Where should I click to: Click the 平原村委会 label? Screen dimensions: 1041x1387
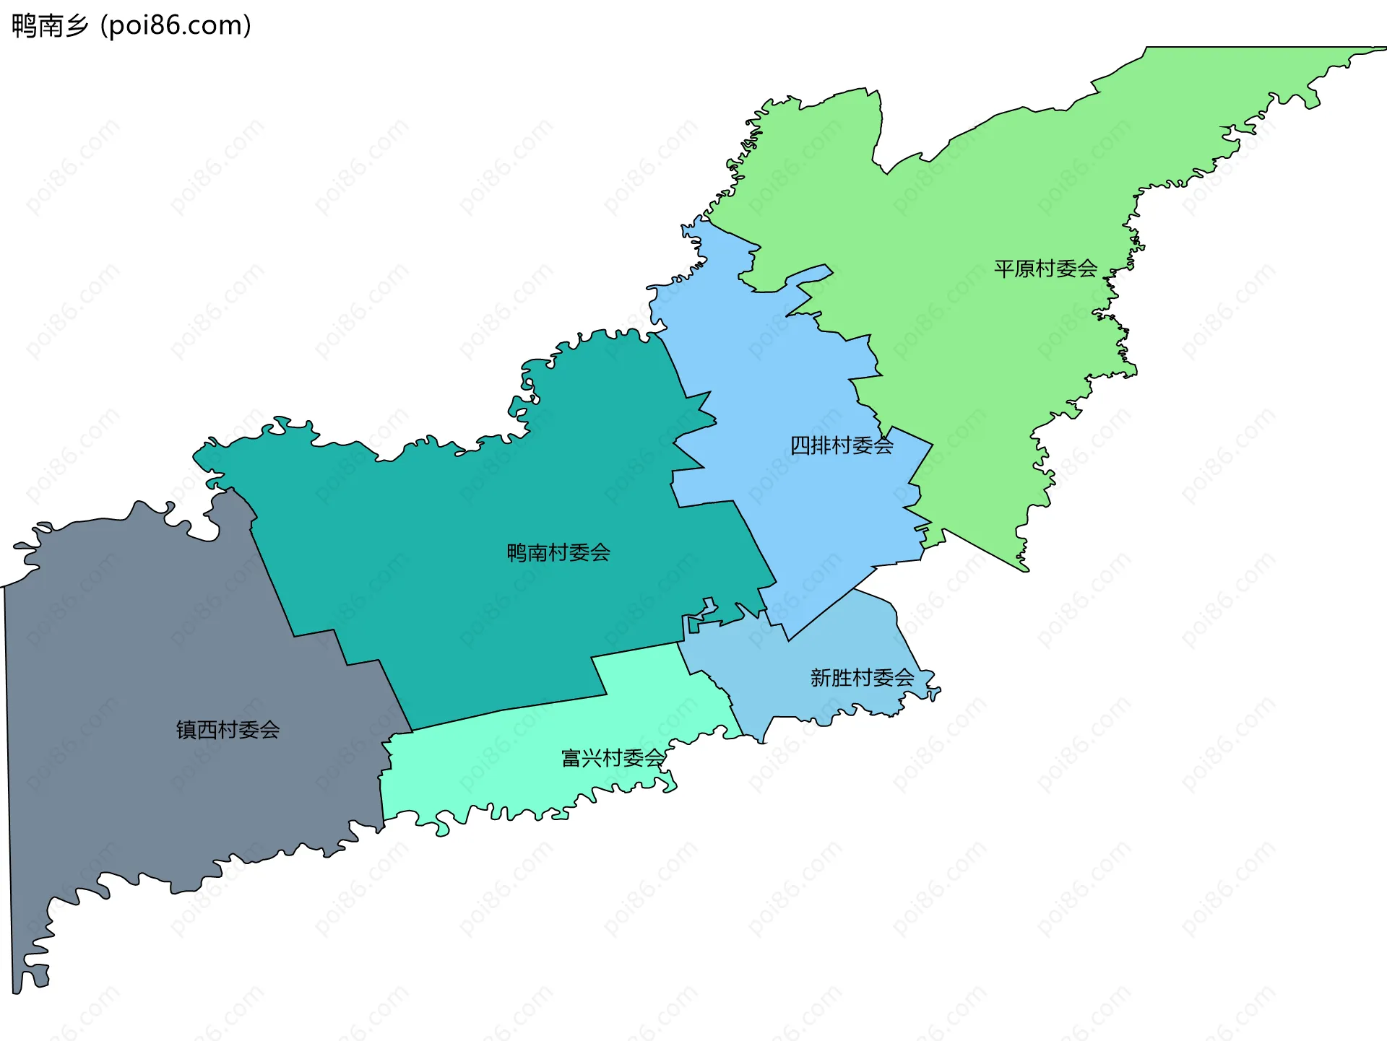click(1045, 269)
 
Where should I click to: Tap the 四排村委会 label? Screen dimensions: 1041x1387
click(842, 445)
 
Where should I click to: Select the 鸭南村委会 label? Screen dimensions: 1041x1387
click(558, 553)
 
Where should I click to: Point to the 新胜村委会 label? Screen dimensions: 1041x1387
click(862, 678)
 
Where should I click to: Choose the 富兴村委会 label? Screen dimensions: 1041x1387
click(613, 758)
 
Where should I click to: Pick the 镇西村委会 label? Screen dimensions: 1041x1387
click(228, 730)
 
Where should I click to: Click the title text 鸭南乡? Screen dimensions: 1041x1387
click(50, 26)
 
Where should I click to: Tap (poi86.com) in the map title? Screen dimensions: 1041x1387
click(176, 26)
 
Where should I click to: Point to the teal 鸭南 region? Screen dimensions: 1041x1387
click(470, 614)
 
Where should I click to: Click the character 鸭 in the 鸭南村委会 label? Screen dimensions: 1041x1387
click(517, 553)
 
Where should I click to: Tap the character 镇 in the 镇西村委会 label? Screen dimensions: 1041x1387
click(186, 730)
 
